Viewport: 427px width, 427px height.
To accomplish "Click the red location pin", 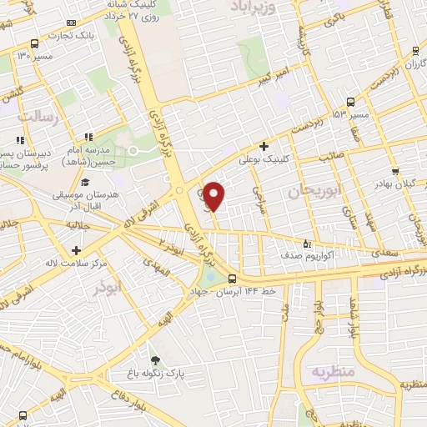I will (214, 196).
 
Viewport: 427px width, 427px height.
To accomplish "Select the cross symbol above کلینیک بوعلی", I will (264, 145).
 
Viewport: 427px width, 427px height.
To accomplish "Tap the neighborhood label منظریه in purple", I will (333, 370).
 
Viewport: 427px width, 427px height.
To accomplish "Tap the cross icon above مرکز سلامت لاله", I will (76, 249).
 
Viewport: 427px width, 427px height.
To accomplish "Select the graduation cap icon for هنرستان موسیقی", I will (84, 182).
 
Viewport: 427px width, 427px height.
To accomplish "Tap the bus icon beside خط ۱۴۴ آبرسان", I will (232, 279).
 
